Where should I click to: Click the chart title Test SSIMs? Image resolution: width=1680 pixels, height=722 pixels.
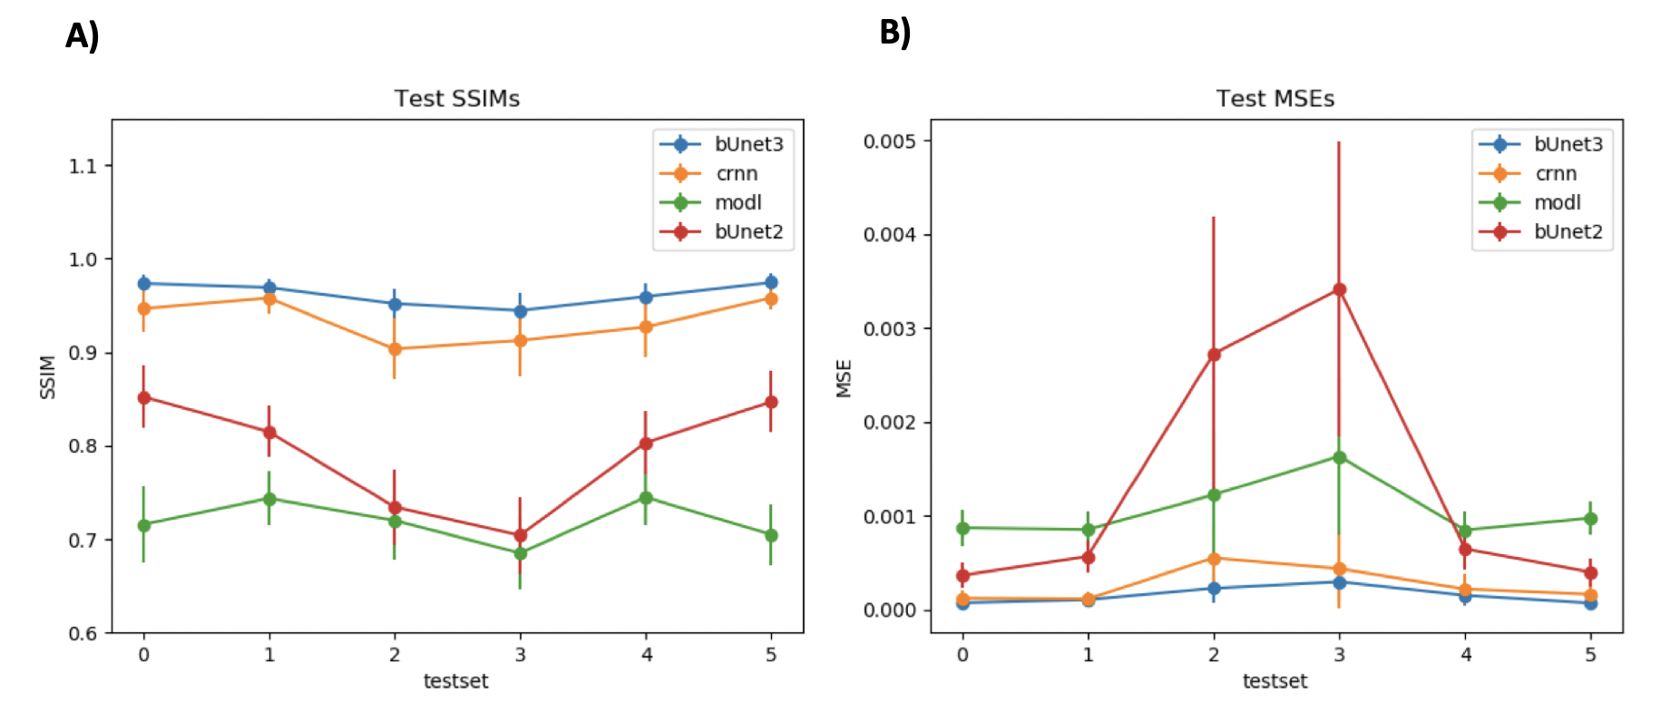click(456, 98)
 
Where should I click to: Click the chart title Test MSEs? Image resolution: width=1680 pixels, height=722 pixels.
click(1275, 98)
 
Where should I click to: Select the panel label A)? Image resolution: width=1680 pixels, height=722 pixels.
click(82, 36)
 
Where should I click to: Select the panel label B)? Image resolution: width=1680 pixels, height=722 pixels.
click(894, 33)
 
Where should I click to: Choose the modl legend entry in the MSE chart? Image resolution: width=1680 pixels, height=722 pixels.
click(1541, 202)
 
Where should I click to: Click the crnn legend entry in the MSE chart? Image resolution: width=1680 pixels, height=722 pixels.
click(1541, 173)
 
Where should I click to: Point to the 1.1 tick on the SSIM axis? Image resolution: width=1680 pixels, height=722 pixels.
click(83, 166)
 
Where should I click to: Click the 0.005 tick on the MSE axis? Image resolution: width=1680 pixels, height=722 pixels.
click(889, 141)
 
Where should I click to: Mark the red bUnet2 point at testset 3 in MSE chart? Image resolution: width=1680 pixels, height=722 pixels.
click(1339, 289)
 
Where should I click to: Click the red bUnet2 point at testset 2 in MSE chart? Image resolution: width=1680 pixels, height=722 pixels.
click(1214, 354)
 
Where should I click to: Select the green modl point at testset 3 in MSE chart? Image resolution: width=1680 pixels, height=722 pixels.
click(1339, 457)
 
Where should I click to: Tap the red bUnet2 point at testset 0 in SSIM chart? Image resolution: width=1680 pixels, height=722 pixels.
click(143, 397)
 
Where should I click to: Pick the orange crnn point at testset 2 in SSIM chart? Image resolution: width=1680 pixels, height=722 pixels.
click(395, 349)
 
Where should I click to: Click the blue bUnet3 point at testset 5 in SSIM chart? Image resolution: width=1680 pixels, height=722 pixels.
click(771, 282)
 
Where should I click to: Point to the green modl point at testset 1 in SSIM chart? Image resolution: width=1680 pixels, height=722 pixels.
click(269, 499)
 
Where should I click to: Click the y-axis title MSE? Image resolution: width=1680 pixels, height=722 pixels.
click(845, 378)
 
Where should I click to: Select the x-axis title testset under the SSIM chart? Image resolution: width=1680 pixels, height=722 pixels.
click(455, 681)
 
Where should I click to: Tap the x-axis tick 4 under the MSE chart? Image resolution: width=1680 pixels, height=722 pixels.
click(1465, 654)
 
